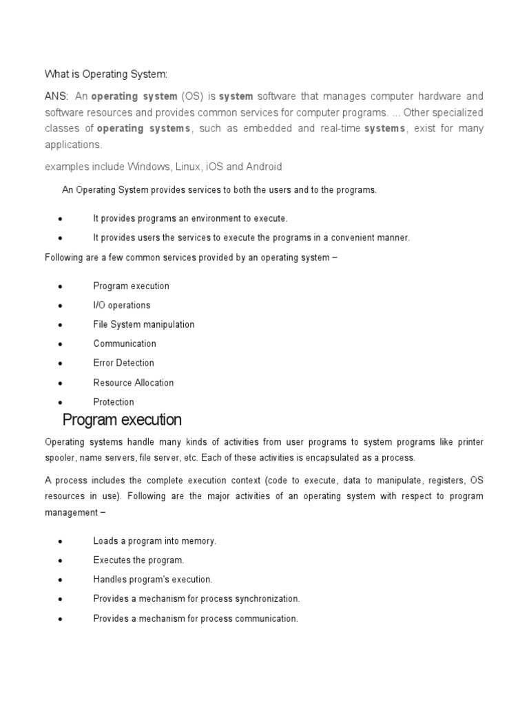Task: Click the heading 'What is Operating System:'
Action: pos(106,74)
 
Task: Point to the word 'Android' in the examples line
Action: pos(263,167)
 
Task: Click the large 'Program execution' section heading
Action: pos(122,420)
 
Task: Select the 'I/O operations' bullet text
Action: pos(121,305)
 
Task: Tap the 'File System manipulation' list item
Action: pos(143,324)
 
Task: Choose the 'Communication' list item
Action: pos(124,344)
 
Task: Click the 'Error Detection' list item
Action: pos(123,363)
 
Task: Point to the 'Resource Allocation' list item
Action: pos(133,383)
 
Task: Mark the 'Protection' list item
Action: pos(114,402)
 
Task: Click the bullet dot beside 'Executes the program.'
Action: pos(61,561)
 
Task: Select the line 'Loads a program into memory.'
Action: pos(154,541)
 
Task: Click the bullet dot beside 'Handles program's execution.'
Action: pos(61,580)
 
